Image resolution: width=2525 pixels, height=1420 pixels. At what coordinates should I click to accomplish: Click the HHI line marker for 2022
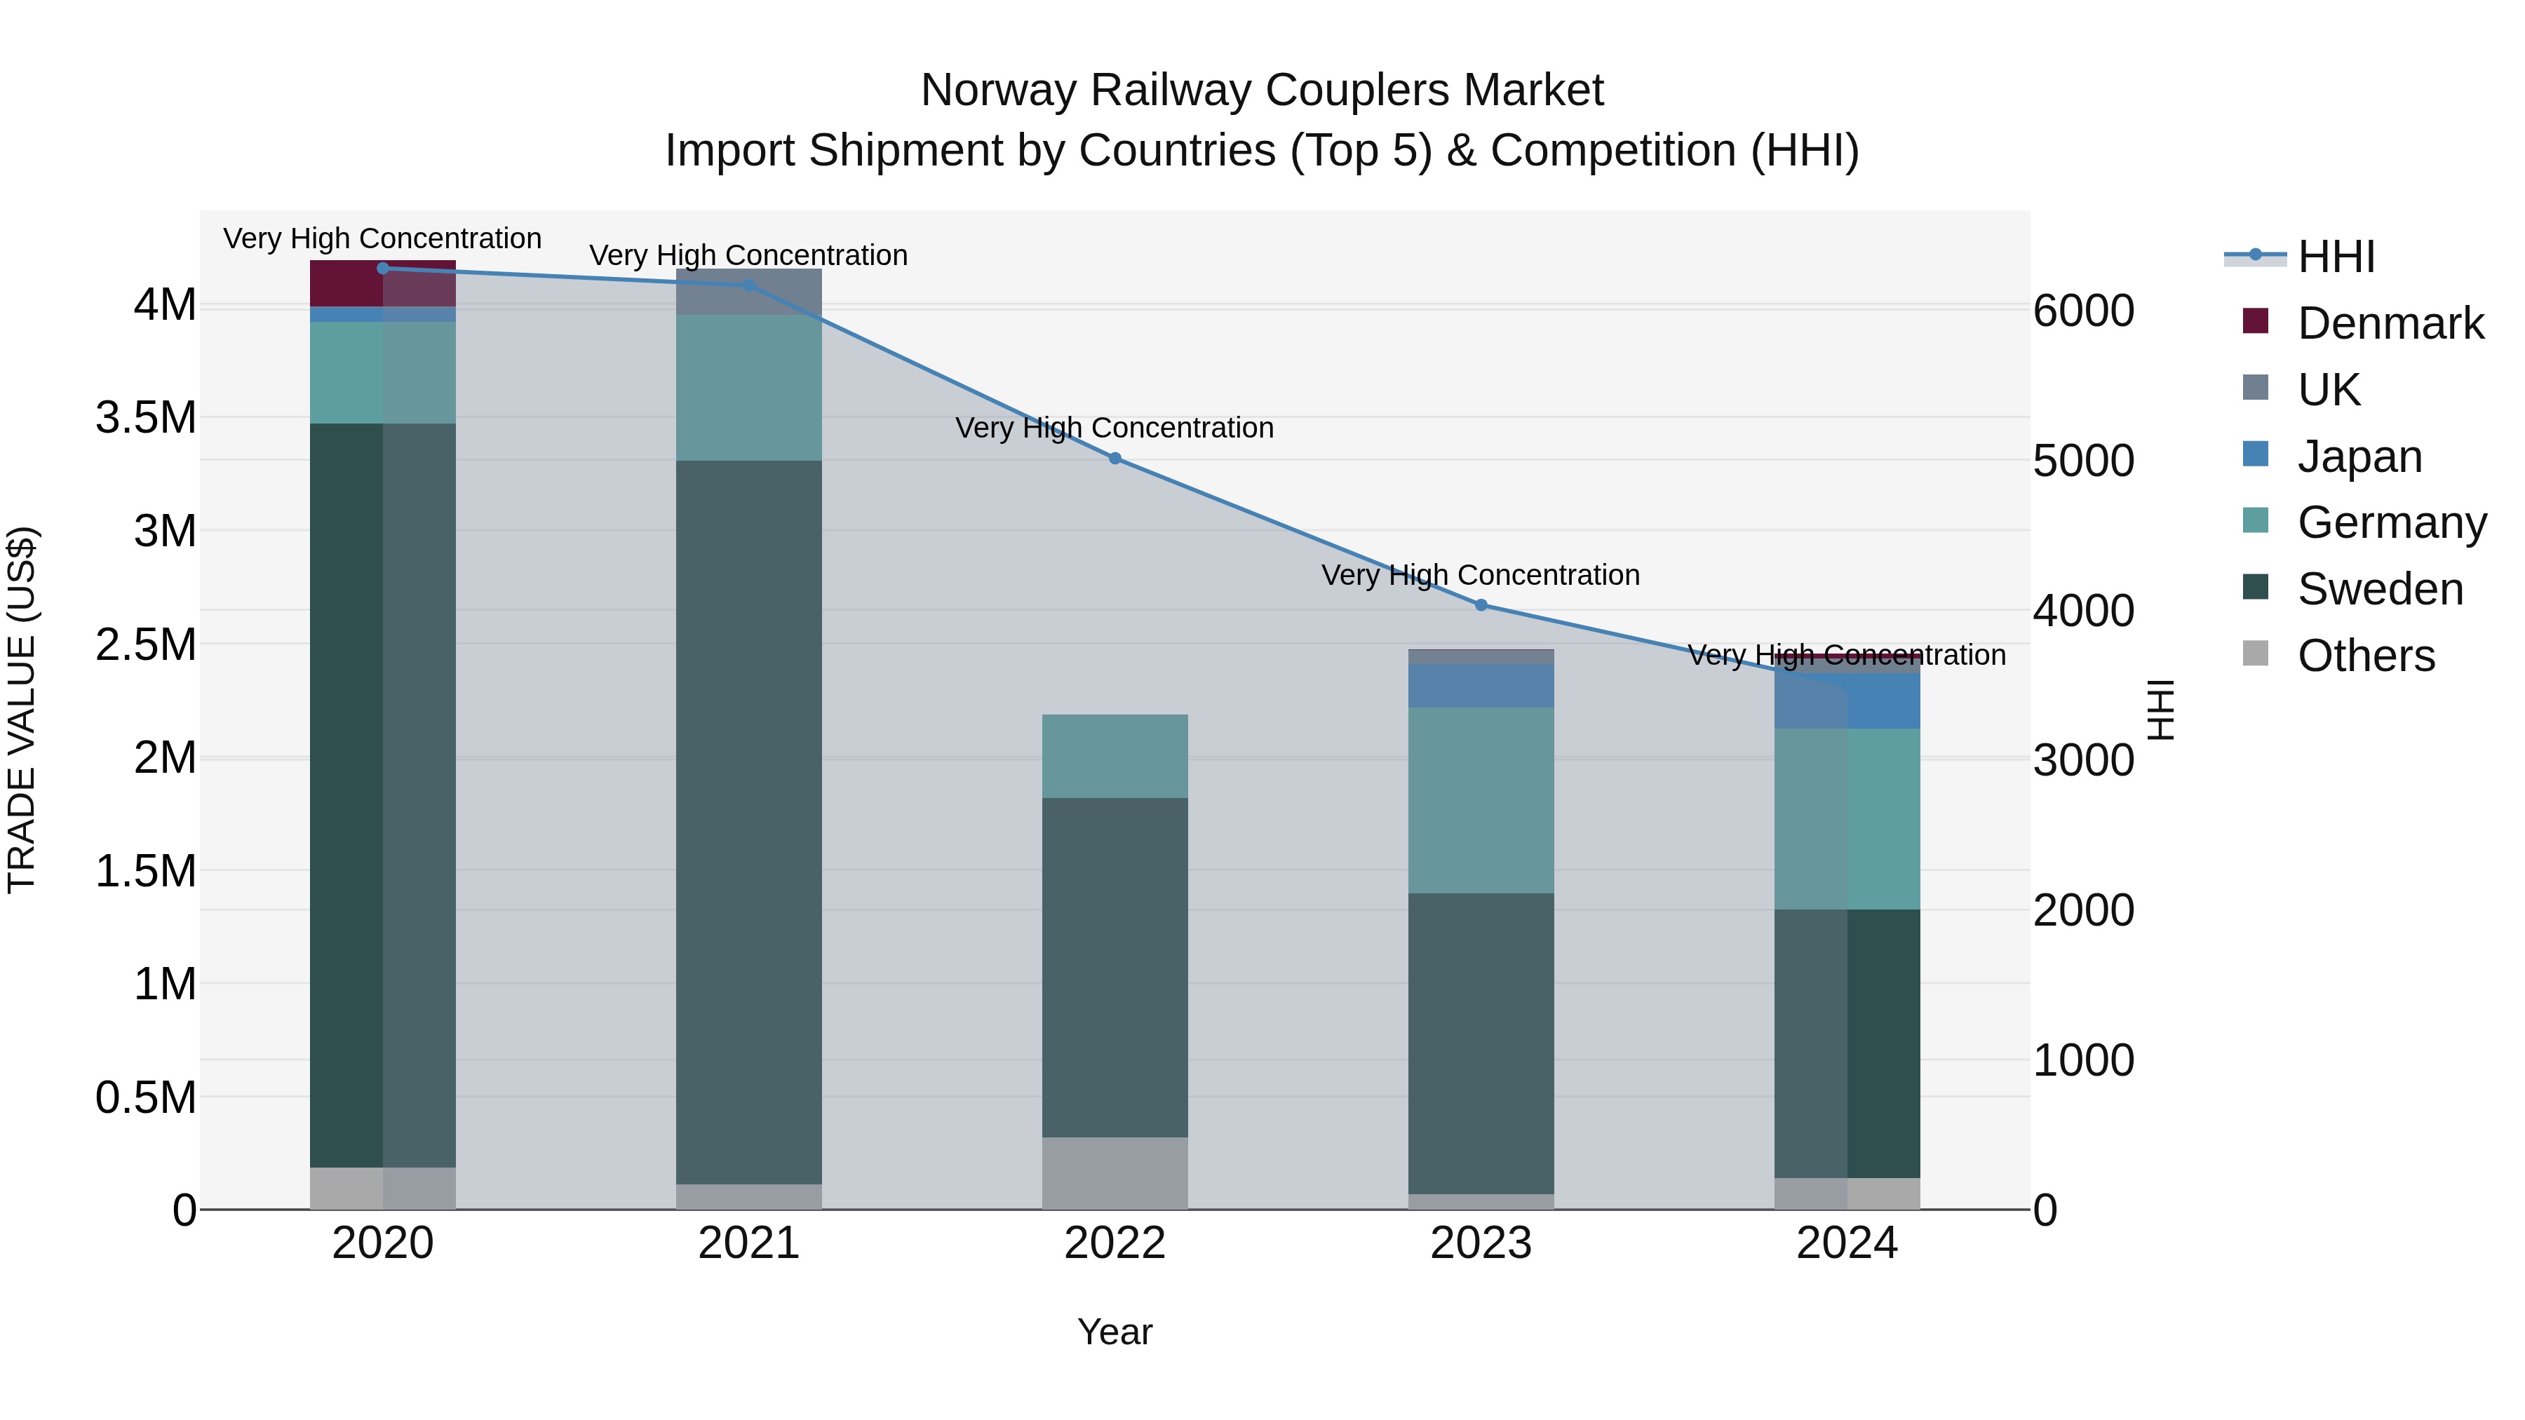(x=1115, y=458)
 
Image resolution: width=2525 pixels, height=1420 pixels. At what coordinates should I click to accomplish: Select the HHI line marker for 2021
(x=749, y=285)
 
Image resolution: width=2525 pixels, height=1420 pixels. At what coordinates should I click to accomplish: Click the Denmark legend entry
(x=2389, y=323)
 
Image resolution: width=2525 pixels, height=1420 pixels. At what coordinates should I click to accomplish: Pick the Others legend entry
(x=2364, y=656)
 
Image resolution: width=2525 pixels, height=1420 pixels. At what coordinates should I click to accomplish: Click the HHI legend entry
(x=2335, y=257)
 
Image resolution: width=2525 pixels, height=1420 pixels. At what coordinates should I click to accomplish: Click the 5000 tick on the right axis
(x=2083, y=461)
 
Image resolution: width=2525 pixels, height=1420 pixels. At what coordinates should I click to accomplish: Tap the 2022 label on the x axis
(x=1115, y=1243)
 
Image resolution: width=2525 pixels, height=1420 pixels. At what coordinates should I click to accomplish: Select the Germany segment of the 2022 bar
(x=1115, y=755)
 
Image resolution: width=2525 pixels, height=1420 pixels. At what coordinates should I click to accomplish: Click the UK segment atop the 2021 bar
(x=749, y=292)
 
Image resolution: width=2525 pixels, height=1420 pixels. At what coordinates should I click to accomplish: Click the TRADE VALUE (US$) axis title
(x=22, y=710)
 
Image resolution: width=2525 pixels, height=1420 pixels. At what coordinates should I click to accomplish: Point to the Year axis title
(x=1115, y=1332)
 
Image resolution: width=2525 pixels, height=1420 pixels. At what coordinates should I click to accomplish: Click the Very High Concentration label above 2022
(x=1115, y=428)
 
